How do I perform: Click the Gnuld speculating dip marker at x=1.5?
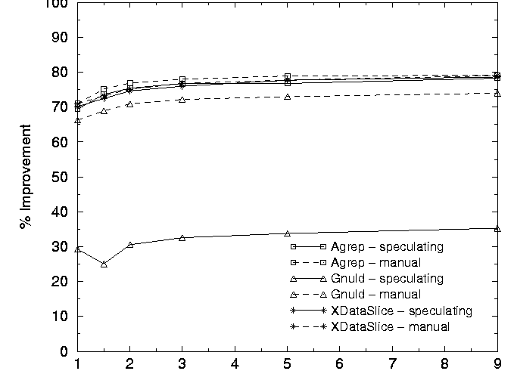(104, 264)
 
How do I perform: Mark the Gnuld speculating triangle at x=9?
(497, 228)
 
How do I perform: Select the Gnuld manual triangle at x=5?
(287, 97)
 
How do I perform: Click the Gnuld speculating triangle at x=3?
(182, 238)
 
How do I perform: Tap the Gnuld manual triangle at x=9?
(497, 93)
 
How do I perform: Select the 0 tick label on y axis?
(64, 351)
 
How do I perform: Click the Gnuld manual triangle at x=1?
(77, 121)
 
